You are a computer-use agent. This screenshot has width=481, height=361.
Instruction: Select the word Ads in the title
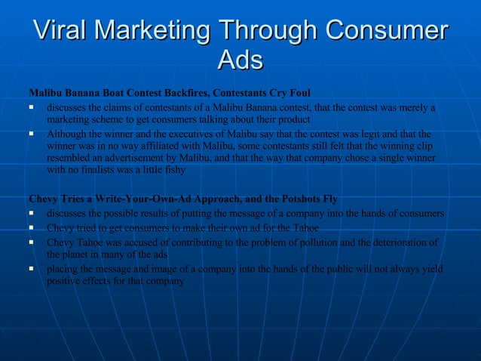pos(240,60)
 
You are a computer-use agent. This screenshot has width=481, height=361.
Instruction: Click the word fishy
pos(170,171)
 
